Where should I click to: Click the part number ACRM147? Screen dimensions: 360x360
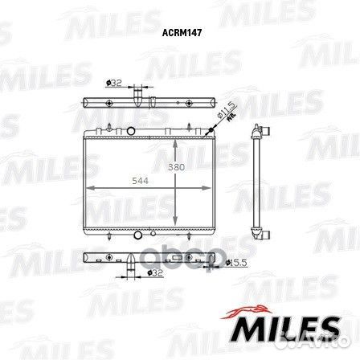pyautogui.click(x=182, y=33)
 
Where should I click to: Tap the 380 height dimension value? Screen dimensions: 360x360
pyautogui.click(x=176, y=167)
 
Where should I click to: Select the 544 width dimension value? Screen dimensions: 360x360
pyautogui.click(x=140, y=181)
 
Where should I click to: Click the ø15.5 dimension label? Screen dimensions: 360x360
pyautogui.click(x=236, y=263)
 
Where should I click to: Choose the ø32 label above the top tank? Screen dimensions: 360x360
pyautogui.click(x=114, y=83)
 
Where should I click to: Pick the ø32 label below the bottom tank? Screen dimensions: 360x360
pyautogui.click(x=155, y=273)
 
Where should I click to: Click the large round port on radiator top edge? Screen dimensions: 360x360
pyautogui.click(x=131, y=131)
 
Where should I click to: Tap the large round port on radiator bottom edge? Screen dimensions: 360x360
pyautogui.click(x=137, y=235)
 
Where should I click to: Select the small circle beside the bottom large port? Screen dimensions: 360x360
pyautogui.click(x=153, y=233)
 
